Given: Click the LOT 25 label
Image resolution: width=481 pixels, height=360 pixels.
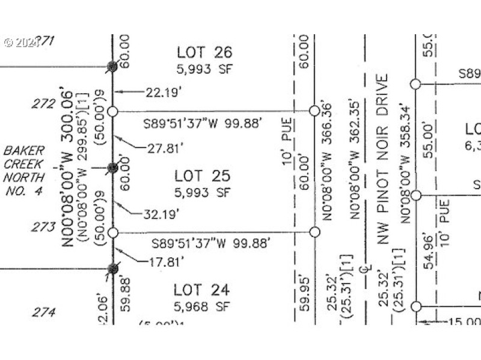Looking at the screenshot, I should (x=202, y=176).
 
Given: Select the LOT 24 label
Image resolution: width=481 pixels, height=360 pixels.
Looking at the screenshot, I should (x=201, y=290).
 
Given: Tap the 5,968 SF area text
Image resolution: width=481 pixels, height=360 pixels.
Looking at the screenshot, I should (x=202, y=307).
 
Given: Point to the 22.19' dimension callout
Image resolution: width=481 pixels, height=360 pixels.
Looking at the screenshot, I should (x=163, y=92).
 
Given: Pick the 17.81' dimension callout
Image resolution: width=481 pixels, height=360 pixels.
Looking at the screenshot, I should (x=163, y=261).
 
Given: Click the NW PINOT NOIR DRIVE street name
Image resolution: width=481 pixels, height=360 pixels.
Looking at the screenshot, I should (x=383, y=159).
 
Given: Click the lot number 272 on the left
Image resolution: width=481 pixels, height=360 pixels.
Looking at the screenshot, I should (x=43, y=104).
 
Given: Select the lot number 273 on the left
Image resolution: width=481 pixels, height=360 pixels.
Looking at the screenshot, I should (x=43, y=227).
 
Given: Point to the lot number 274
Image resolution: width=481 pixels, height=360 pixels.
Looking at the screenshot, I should (x=43, y=313).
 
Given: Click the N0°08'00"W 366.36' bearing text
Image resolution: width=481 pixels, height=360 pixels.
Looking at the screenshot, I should (x=328, y=162).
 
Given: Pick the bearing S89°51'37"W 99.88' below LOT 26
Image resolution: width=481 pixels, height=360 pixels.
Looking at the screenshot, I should (x=203, y=124).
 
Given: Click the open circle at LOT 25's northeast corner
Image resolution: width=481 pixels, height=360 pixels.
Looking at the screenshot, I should (x=314, y=111).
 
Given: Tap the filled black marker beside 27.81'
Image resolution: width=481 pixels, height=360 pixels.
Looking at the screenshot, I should (x=112, y=168).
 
